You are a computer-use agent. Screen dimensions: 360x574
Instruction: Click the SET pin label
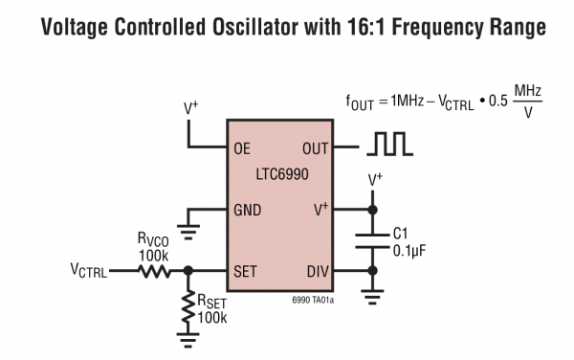point(245,272)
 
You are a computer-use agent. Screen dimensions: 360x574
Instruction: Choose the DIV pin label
point(317,272)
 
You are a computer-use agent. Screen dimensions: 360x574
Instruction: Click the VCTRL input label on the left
point(89,272)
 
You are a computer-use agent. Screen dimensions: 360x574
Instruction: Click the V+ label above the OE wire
point(189,108)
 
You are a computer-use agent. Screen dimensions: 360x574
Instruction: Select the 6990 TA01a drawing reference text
point(312,300)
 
